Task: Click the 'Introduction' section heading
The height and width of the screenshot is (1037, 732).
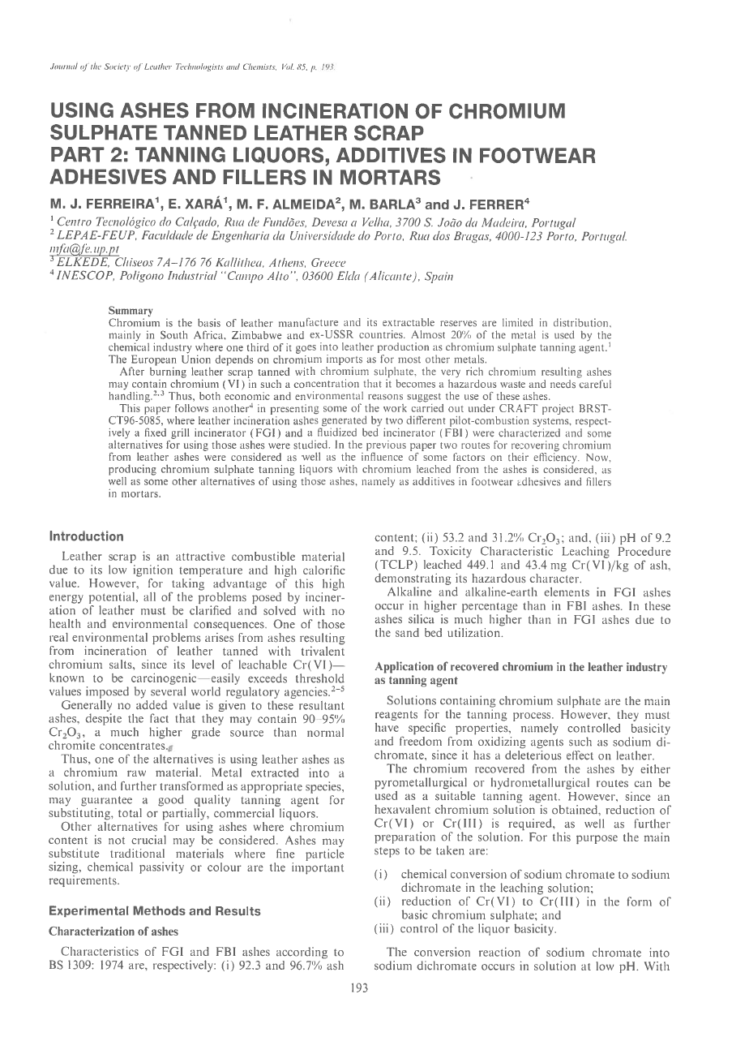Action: coord(87,536)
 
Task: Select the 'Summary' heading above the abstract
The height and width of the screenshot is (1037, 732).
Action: coord(131,310)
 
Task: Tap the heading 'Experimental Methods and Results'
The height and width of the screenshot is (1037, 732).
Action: coord(155,911)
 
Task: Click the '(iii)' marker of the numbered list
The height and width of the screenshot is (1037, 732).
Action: coord(384,929)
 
